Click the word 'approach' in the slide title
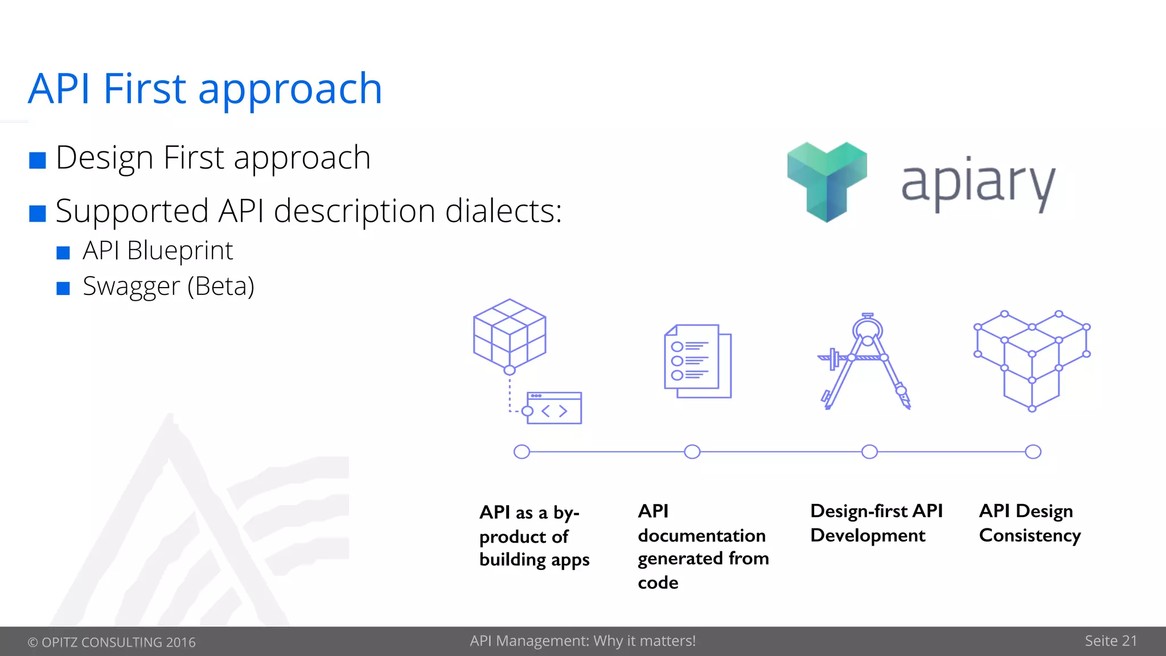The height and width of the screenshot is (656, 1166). [x=290, y=90]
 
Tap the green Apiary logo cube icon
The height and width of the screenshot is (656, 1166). [x=827, y=181]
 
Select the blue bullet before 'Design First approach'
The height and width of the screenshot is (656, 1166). [x=38, y=161]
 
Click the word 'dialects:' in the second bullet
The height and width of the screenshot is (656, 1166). [x=503, y=211]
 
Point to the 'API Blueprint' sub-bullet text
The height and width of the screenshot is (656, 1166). [x=158, y=251]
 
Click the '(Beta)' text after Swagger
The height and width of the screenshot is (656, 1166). [x=221, y=286]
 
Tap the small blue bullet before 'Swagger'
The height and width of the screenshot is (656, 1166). [x=63, y=288]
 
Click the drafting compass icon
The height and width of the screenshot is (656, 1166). [x=865, y=361]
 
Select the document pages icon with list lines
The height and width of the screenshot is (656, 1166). [x=698, y=362]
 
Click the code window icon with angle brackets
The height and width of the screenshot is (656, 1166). [x=553, y=408]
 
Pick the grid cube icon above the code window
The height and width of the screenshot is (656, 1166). [x=510, y=334]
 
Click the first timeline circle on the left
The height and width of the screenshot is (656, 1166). [x=522, y=452]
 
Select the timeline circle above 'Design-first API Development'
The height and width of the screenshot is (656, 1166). [x=869, y=452]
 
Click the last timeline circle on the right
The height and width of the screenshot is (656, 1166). [x=1033, y=452]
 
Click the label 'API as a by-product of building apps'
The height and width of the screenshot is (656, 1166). [x=533, y=536]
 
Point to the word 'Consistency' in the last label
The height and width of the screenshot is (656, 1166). [x=1029, y=536]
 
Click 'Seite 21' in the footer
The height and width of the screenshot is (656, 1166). [x=1110, y=641]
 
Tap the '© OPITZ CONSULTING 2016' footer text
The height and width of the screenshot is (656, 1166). [x=112, y=642]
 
